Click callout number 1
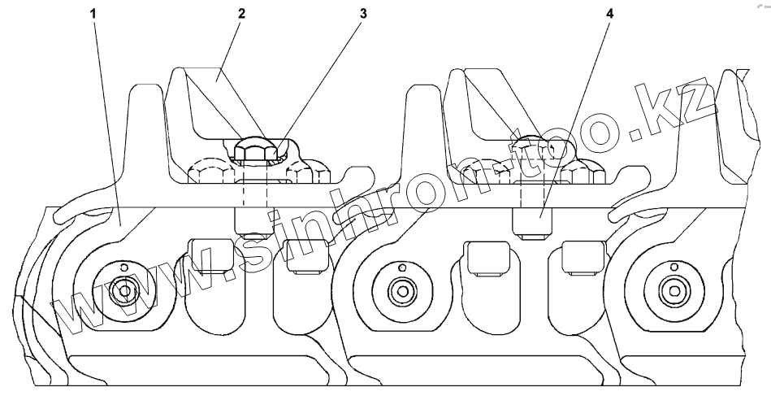94,14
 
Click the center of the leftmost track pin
123,290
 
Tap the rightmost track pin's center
672,290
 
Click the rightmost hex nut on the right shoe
585,172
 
